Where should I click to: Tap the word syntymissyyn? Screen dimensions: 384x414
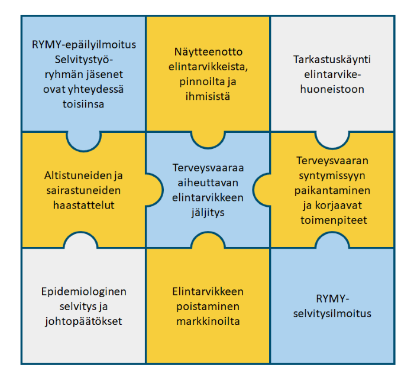[x=332, y=175]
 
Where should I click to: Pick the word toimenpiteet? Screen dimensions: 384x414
[x=332, y=220]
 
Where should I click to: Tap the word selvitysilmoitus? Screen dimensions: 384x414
[x=332, y=313]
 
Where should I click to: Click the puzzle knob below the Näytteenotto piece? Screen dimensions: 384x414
[x=208, y=139]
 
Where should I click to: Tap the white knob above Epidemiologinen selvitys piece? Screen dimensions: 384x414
[x=83, y=241]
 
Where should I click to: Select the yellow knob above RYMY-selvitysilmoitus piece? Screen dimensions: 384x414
[x=332, y=241]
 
